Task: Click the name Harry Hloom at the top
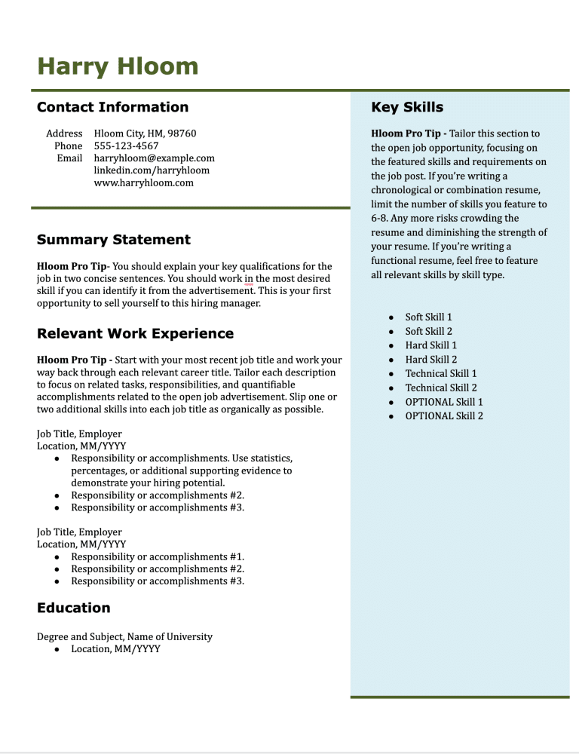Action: (118, 66)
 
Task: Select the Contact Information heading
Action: (112, 107)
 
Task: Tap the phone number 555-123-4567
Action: (126, 146)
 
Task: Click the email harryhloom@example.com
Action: (154, 158)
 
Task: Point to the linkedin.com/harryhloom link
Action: (152, 170)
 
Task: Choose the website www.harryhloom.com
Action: (143, 182)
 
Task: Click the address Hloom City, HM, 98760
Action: (145, 133)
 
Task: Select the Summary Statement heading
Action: (114, 240)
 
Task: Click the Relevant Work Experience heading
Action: (135, 334)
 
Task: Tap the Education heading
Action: (74, 608)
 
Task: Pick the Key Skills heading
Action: (407, 107)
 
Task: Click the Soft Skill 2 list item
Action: (428, 331)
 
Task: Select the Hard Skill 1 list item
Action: (430, 345)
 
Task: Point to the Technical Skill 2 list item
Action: (440, 388)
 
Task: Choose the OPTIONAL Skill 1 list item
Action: (444, 402)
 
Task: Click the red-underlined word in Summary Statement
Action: (249, 279)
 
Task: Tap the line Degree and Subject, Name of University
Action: (124, 636)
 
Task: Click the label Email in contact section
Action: (69, 158)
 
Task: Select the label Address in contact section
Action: (64, 133)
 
